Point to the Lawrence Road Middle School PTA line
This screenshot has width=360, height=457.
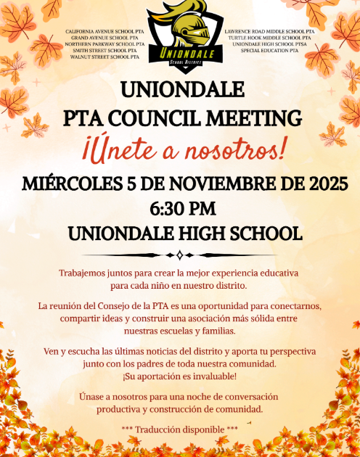(269, 32)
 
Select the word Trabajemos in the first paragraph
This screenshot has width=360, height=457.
(85, 273)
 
